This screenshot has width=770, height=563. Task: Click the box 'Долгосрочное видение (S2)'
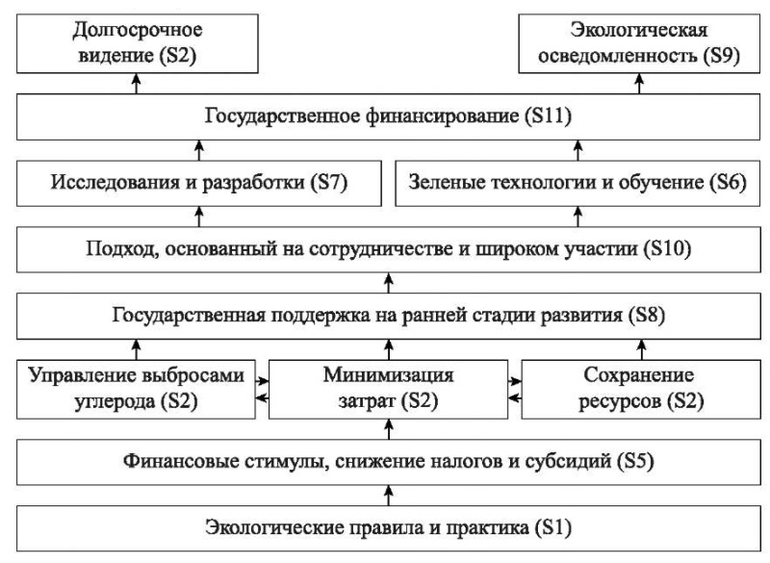138,43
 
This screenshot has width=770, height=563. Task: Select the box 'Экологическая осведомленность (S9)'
639,43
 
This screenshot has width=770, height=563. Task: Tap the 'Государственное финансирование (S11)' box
389,116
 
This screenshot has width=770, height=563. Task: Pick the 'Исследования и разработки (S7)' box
199,184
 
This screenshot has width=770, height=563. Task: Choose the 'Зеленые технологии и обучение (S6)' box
578,184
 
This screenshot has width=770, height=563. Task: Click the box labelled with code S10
389,249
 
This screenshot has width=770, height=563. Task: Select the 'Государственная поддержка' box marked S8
389,316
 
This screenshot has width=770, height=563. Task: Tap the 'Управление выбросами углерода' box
136,389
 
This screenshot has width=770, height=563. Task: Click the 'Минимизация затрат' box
389,389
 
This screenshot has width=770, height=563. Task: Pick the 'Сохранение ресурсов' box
641,389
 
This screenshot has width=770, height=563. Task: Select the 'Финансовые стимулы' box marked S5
389,462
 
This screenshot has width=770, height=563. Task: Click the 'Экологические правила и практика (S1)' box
389,528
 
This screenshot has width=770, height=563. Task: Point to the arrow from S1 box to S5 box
389,496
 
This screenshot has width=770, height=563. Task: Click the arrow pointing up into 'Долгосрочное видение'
137,84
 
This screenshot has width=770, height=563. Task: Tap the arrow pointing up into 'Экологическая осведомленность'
639,84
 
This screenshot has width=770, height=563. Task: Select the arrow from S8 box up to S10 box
389,283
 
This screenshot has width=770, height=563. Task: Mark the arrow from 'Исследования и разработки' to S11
199,150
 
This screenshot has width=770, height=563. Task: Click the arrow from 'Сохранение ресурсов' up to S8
641,349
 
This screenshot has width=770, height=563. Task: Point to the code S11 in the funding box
548,116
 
